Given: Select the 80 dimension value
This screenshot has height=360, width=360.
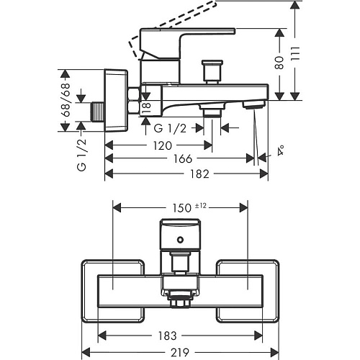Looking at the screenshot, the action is [x=279, y=63].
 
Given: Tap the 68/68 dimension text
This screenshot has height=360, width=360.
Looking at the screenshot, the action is [x=65, y=99].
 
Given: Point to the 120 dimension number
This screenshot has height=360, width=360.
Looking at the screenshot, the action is [x=163, y=145].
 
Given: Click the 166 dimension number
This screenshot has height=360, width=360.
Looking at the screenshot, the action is [x=183, y=158].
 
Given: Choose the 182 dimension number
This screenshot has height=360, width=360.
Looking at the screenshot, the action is [x=199, y=174].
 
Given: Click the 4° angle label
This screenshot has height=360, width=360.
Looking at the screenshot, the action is [x=280, y=150].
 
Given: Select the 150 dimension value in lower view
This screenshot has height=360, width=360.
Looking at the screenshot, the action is [x=182, y=208].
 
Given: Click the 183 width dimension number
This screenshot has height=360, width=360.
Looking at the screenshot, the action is [x=167, y=336].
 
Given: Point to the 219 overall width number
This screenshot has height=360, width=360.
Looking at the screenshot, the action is [x=180, y=352].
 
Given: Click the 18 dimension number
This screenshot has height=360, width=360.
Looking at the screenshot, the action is [x=147, y=108].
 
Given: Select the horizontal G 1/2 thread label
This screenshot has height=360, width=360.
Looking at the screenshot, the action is [x=170, y=128].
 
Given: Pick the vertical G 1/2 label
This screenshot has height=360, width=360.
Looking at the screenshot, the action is [x=81, y=155].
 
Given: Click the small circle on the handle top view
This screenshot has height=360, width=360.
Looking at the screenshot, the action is [x=180, y=240].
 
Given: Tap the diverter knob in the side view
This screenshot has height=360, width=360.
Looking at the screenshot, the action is [x=212, y=71].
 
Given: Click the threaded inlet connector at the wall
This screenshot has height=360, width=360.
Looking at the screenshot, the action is [x=98, y=112].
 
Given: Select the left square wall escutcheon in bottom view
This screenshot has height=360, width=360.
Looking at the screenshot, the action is [x=113, y=291].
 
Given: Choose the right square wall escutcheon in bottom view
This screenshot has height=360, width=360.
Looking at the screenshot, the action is [x=248, y=291].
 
